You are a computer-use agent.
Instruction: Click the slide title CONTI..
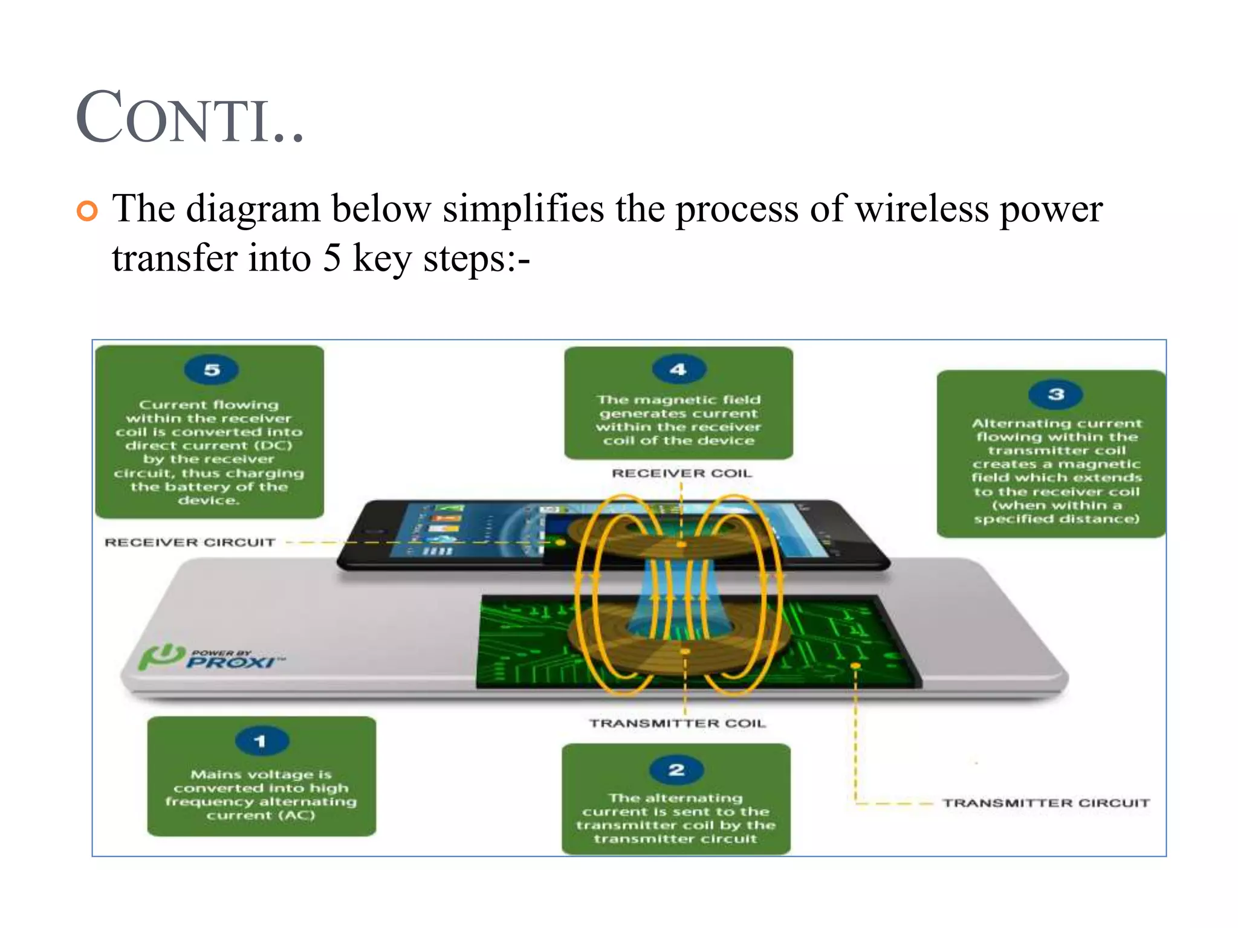click(189, 118)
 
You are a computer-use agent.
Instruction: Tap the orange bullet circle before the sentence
click(87, 211)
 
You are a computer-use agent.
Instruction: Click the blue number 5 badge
click(212, 370)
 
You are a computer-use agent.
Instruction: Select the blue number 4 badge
click(678, 369)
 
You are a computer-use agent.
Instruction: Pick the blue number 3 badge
click(1055, 395)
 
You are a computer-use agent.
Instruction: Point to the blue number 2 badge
click(676, 770)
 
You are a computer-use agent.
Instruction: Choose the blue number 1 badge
click(261, 741)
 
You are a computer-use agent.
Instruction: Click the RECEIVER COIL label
click(682, 473)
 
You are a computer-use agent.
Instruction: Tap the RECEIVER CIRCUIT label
click(190, 543)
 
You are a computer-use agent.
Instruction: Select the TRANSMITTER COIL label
click(678, 723)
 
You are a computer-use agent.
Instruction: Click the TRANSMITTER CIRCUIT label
click(1046, 803)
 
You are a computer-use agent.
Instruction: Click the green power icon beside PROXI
click(160, 657)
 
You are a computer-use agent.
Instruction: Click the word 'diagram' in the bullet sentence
click(253, 210)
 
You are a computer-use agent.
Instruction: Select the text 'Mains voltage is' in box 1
click(261, 775)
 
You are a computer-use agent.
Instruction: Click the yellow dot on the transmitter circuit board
click(855, 666)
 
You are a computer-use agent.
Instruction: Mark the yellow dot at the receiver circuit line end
click(560, 543)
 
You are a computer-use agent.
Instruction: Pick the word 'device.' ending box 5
click(209, 500)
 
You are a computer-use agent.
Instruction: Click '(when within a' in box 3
click(1057, 505)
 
